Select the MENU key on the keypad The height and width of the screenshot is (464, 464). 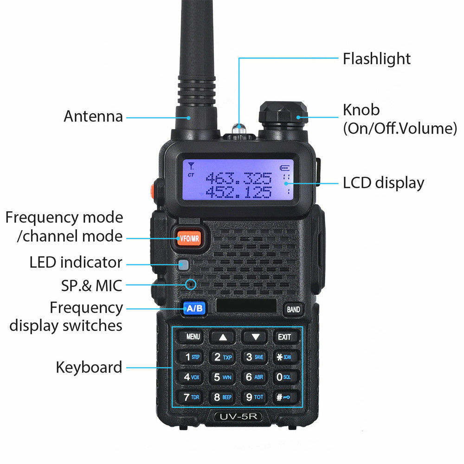[x=193, y=337]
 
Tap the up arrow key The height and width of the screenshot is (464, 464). [x=223, y=337]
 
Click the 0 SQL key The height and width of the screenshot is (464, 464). [x=284, y=377]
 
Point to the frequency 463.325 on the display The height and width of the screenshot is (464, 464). [x=238, y=178]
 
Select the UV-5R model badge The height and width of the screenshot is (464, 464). [x=238, y=417]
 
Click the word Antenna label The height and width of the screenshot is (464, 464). [x=93, y=116]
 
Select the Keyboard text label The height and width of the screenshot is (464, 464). [x=89, y=367]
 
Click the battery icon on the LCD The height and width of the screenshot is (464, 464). [x=284, y=168]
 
